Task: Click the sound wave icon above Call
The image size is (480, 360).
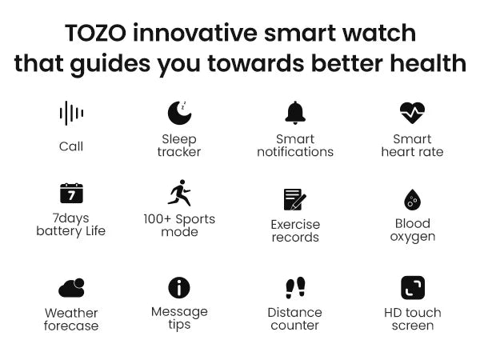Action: [71, 114]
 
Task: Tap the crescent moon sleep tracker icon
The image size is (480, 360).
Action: [179, 113]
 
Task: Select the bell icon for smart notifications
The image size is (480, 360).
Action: [295, 113]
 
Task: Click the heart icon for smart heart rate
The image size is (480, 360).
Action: [412, 113]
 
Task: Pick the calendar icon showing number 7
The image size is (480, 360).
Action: [71, 193]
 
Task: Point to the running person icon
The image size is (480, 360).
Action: [179, 193]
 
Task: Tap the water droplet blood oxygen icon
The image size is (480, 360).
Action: [412, 199]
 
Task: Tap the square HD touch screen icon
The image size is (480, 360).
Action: [412, 287]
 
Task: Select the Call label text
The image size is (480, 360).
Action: [71, 146]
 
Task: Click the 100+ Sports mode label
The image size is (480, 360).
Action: [179, 226]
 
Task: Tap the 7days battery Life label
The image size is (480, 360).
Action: [71, 225]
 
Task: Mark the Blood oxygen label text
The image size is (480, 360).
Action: [412, 230]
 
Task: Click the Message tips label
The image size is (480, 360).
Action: [179, 318]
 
